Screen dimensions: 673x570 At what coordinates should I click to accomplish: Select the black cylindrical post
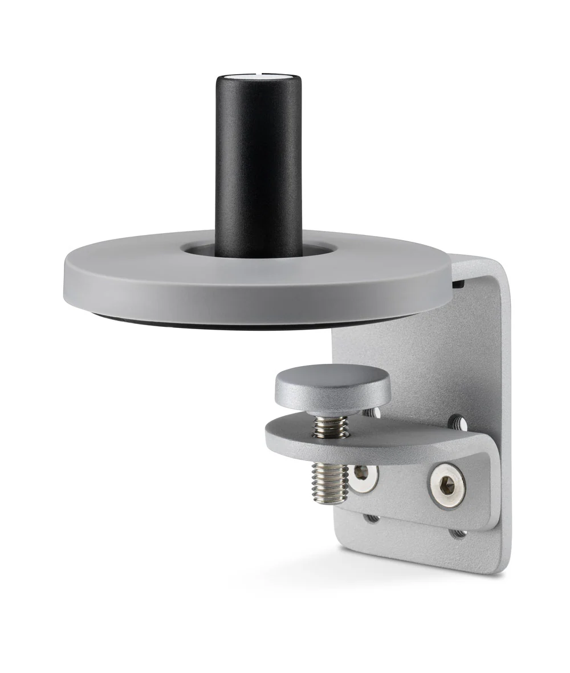[258, 165]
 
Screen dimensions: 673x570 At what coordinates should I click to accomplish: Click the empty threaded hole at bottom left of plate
[372, 518]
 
